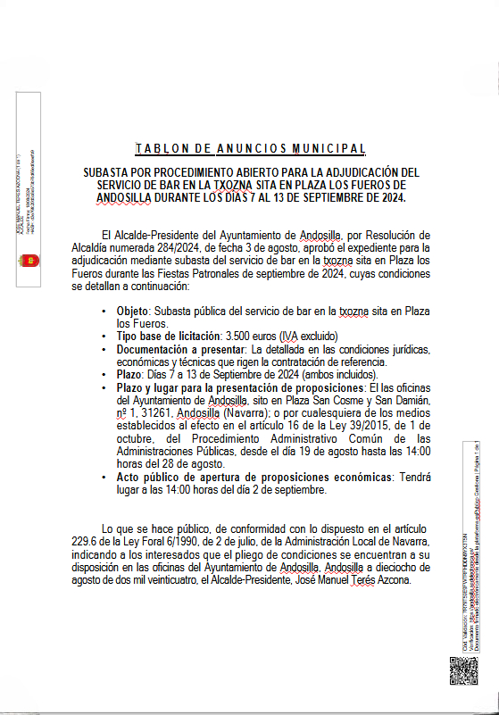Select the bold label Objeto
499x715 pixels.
click(x=133, y=311)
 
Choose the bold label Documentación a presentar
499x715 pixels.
click(x=179, y=348)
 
